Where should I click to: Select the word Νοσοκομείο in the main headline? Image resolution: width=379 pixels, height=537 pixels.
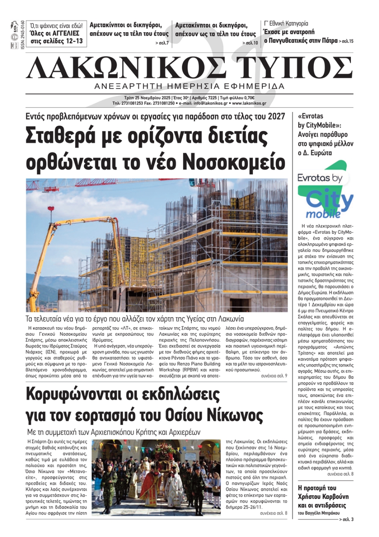point(234,162)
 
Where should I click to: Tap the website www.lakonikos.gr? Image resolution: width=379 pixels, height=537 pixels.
point(249,103)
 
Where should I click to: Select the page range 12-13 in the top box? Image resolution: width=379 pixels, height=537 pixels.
point(70,41)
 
